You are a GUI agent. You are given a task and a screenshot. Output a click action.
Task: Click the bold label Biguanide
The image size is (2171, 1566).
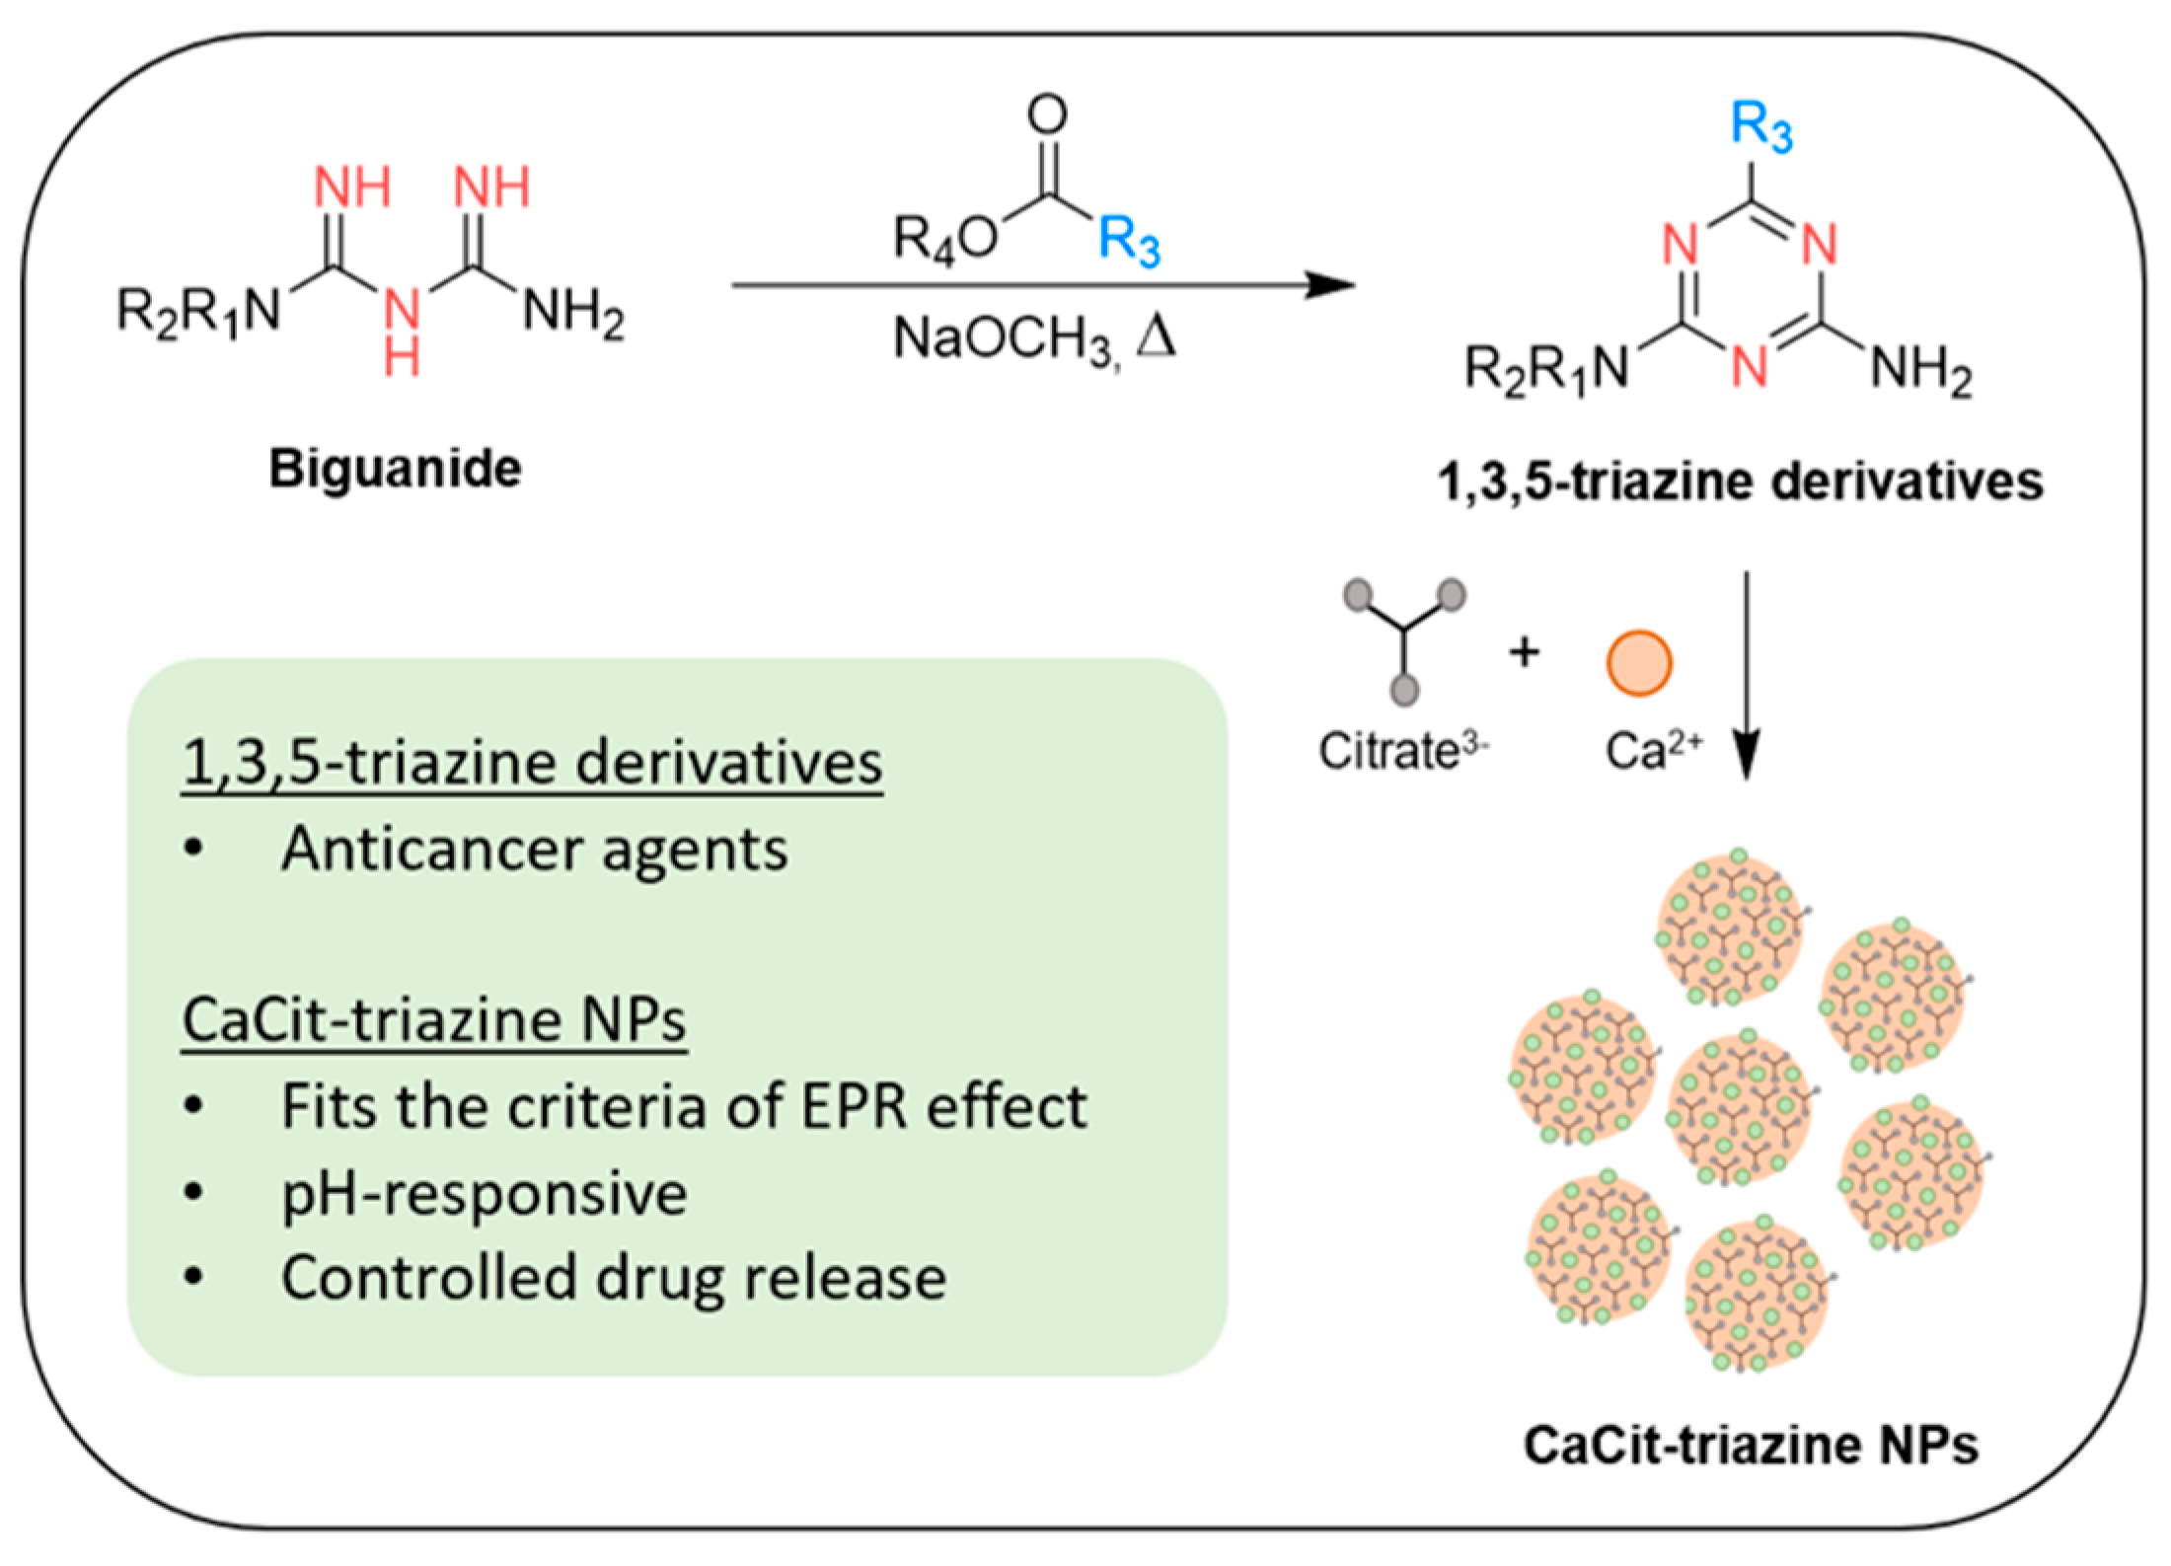coord(395,468)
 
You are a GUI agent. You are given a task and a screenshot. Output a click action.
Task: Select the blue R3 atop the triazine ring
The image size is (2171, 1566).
coord(1761,128)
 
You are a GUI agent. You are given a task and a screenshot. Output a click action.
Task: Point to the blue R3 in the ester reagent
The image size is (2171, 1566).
coord(1129,241)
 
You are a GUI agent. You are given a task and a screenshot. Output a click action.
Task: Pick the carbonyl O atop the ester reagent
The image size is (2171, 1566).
coord(1047,114)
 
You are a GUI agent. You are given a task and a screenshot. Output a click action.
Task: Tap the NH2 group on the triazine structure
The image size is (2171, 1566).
coord(1920,372)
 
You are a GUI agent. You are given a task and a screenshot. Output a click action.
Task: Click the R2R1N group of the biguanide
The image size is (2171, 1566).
coord(198,312)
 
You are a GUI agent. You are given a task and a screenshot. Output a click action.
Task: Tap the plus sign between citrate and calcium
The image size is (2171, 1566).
coord(1525,652)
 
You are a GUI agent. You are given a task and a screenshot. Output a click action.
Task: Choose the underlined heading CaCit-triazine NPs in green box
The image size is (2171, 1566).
coord(434,1020)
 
